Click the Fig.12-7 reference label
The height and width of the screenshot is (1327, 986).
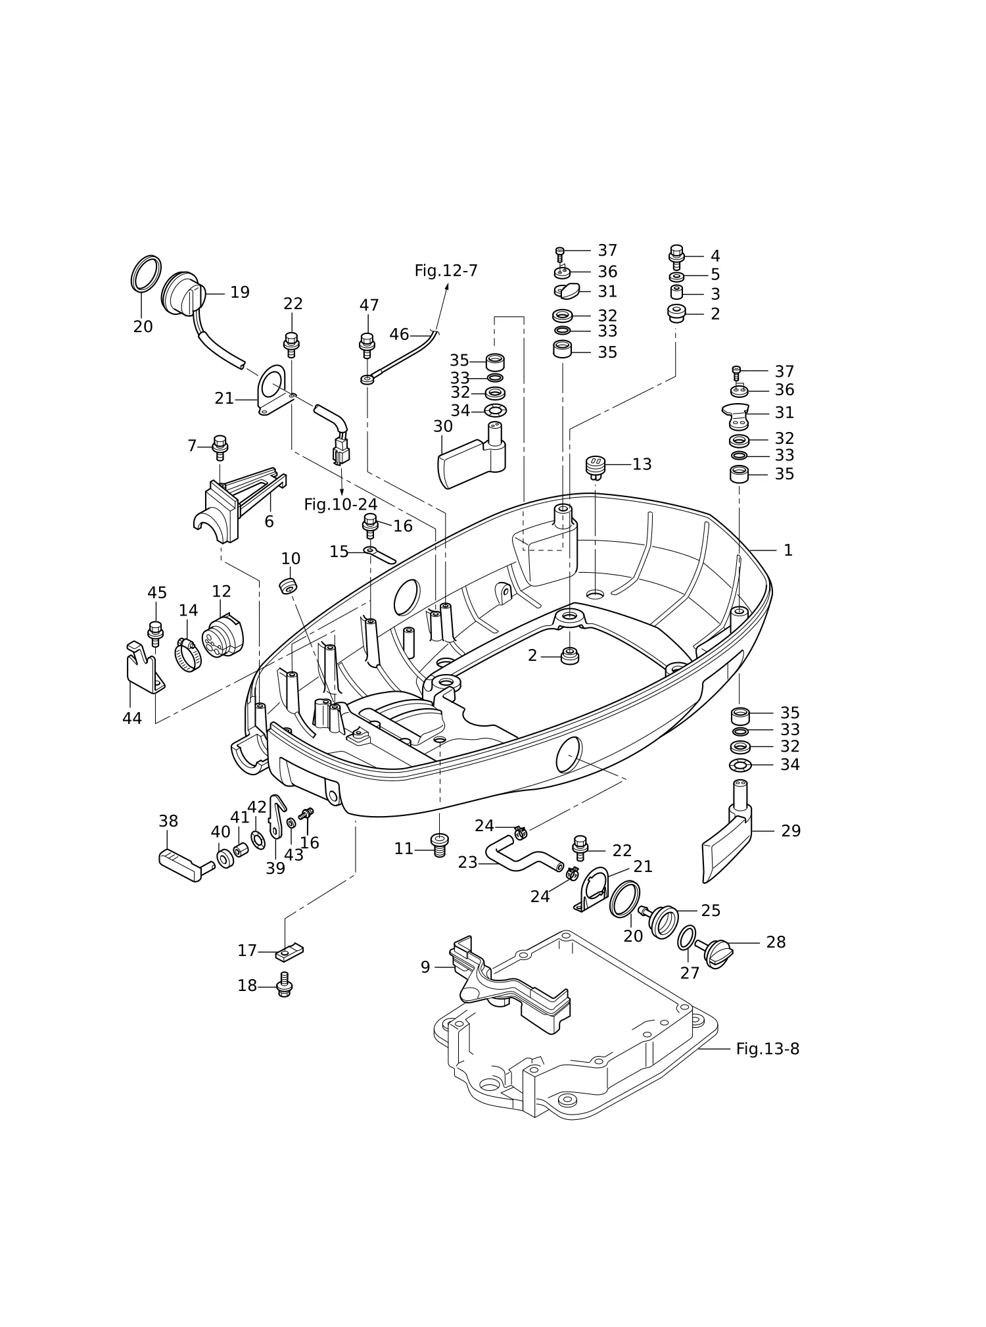point(446,271)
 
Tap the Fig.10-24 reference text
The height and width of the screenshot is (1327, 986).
point(340,504)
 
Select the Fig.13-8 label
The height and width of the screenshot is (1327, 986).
point(768,1049)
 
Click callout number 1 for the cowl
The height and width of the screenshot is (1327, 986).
point(788,550)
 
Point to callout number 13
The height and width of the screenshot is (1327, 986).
point(642,464)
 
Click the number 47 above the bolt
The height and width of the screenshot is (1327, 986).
point(369,305)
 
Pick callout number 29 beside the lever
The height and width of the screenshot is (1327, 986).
point(791,831)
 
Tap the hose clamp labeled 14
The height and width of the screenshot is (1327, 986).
point(189,655)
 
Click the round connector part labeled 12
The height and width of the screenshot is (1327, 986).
point(222,637)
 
